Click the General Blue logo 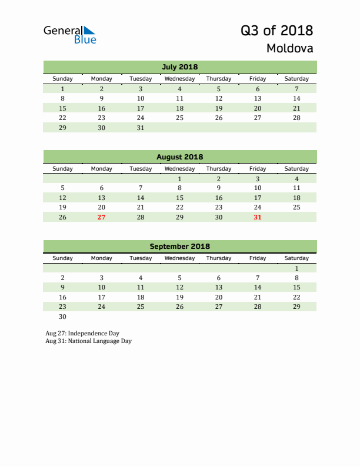coord(69,35)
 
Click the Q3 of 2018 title coord(276,31)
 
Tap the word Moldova coord(289,48)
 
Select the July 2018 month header coord(179,66)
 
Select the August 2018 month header coord(179,157)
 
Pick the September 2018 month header coord(179,247)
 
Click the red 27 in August coord(101,217)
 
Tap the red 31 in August coord(258,217)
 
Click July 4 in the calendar coord(179,89)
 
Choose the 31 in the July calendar coord(140,127)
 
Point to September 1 coord(296,268)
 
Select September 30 coord(62,317)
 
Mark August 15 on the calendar coord(179,198)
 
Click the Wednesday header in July coord(179,79)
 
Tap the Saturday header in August coord(296,169)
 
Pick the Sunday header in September coord(62,258)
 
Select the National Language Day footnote coord(88,341)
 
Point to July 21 coord(296,108)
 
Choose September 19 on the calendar coord(179,297)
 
